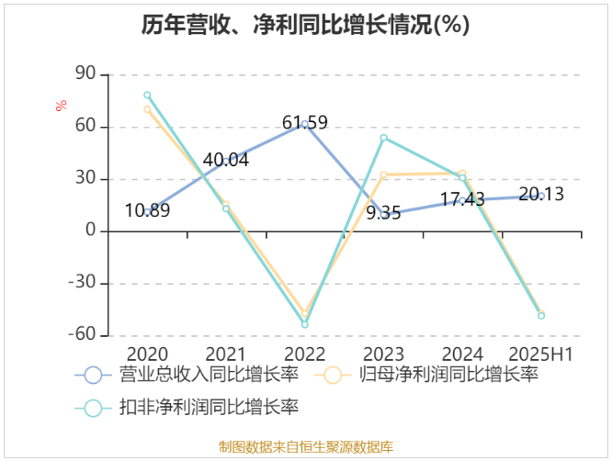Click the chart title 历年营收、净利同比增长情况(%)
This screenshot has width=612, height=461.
305,26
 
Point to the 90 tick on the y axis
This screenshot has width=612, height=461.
85,74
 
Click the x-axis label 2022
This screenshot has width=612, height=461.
304,354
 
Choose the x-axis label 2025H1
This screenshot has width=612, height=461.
541,354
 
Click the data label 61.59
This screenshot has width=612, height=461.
305,122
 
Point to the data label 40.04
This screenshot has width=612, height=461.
225,160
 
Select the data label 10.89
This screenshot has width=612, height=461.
147,210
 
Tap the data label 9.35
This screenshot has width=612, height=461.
383,213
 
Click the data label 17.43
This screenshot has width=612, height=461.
462,198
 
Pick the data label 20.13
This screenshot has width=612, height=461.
541,194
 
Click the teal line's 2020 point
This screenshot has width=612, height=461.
147,96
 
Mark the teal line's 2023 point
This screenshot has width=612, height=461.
383,138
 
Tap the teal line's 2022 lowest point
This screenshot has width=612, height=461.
304,324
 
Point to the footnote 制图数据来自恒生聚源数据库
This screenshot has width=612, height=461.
306,447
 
